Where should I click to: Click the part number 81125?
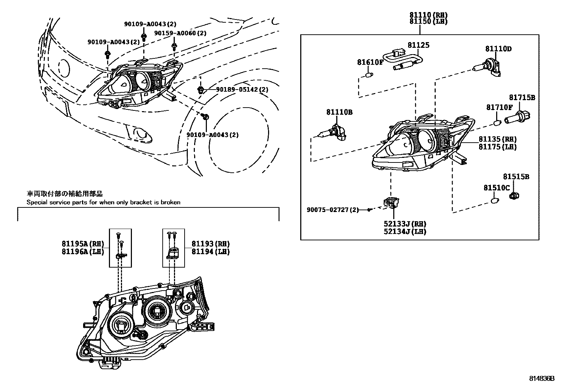point(418,45)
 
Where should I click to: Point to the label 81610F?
point(370,62)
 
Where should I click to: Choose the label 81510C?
point(497,188)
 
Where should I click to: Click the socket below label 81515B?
point(515,195)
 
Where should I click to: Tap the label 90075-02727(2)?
point(332,210)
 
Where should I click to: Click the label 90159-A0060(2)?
point(180,33)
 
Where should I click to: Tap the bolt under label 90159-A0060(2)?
point(174,46)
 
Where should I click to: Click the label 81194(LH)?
point(210,252)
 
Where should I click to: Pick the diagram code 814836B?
point(541,378)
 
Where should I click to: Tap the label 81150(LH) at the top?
point(428,21)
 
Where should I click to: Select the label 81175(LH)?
point(497,147)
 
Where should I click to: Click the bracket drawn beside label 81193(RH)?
point(173,253)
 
